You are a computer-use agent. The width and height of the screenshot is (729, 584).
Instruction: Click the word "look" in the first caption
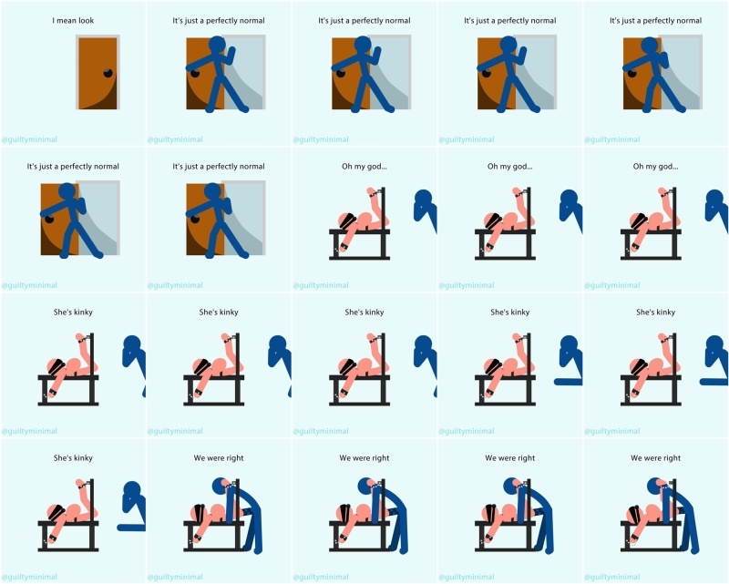[x=86, y=20]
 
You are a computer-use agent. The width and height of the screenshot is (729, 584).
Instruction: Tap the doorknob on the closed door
[x=108, y=73]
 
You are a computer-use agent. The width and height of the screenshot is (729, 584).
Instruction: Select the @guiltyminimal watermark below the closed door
[x=29, y=139]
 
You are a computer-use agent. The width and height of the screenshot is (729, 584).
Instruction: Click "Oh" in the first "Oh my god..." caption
[x=347, y=167]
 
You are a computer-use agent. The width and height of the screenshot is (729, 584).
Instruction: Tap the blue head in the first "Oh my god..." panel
[x=423, y=199]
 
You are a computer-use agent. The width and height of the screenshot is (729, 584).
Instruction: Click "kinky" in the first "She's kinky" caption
[x=83, y=312]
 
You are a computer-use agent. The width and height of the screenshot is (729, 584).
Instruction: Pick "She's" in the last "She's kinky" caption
[x=645, y=312]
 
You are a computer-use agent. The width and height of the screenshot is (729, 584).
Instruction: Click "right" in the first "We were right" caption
[x=235, y=458]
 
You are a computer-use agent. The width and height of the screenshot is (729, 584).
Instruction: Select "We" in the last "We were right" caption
[x=636, y=458]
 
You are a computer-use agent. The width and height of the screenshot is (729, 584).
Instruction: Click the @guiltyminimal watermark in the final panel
[x=611, y=577]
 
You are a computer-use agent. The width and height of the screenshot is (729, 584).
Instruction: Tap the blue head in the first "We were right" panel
[x=221, y=487]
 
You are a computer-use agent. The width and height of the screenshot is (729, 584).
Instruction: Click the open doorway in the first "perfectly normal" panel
[x=245, y=73]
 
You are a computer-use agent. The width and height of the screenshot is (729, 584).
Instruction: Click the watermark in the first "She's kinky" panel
[x=29, y=431]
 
